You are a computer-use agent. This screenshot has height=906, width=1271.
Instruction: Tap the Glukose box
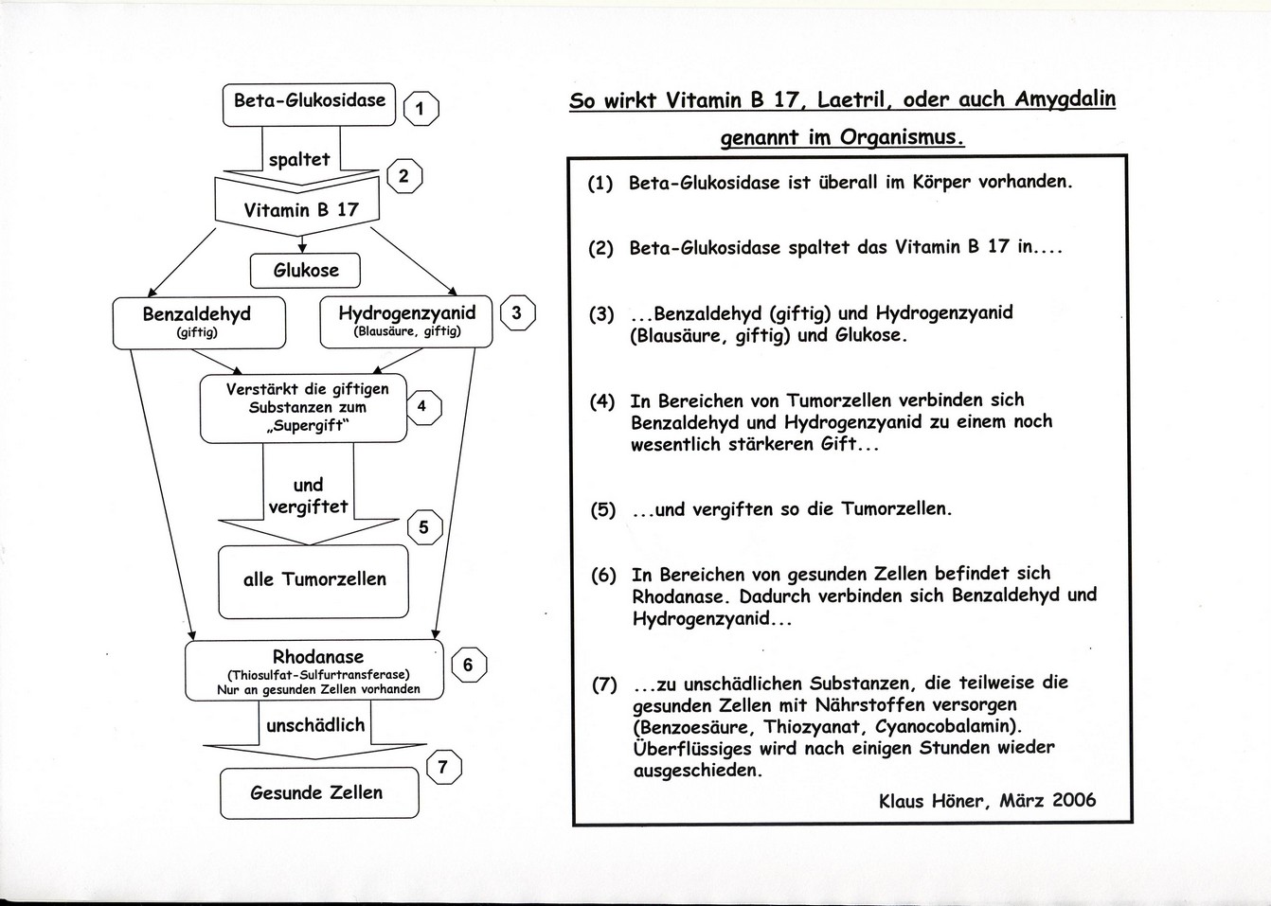305,271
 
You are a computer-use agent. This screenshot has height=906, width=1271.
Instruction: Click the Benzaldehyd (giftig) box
199,321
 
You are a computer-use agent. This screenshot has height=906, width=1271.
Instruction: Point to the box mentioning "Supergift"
302,408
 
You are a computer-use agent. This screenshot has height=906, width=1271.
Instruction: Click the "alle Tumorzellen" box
313,579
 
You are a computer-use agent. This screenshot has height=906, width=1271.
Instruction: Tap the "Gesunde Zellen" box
318,793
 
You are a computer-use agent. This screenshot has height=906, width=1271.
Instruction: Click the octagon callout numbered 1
421,109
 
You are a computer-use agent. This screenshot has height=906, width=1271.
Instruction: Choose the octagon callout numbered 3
517,313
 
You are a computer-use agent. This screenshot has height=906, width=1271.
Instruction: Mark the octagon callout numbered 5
423,527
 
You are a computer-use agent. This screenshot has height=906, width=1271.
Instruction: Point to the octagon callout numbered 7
444,767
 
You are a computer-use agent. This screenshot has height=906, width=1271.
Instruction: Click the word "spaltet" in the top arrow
299,160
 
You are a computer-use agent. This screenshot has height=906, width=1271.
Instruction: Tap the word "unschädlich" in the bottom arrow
315,726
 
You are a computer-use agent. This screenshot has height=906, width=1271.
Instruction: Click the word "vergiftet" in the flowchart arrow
308,506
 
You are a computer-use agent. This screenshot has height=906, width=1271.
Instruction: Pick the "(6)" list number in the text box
603,574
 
